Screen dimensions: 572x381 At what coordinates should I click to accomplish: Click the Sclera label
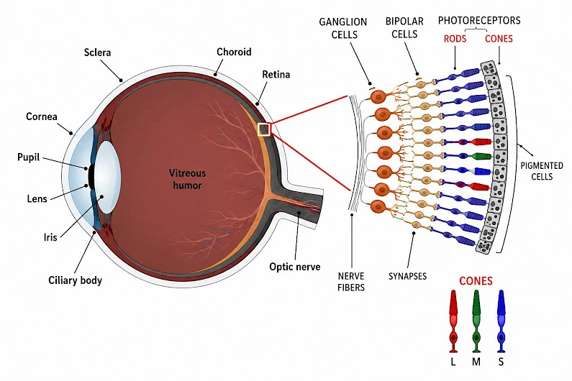[97, 52]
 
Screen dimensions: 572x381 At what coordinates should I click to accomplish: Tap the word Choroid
[234, 52]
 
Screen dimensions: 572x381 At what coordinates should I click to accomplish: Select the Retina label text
[276, 74]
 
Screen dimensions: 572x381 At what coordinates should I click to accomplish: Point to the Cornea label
[42, 116]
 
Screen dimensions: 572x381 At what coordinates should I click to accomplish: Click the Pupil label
[29, 157]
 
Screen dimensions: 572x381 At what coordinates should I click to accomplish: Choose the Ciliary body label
[75, 280]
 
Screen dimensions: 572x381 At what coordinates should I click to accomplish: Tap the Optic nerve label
[295, 267]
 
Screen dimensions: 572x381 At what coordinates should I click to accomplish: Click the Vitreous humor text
[187, 179]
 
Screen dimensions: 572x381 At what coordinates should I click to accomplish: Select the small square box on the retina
[264, 129]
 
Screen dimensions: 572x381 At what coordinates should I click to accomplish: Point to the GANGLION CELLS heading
[343, 28]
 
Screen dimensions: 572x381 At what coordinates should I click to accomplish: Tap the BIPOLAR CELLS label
[404, 28]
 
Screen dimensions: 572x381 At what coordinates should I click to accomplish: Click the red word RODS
[455, 39]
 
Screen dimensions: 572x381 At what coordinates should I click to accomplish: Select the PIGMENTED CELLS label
[542, 171]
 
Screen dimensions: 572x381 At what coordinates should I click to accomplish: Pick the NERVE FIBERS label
[351, 282]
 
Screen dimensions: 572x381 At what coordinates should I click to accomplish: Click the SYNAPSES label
[407, 276]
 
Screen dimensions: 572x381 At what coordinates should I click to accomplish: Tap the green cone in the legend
[476, 321]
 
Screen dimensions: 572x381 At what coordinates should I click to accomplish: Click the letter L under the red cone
[453, 362]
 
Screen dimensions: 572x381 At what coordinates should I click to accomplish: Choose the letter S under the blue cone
[501, 362]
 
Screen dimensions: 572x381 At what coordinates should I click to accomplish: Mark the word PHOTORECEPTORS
[479, 20]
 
